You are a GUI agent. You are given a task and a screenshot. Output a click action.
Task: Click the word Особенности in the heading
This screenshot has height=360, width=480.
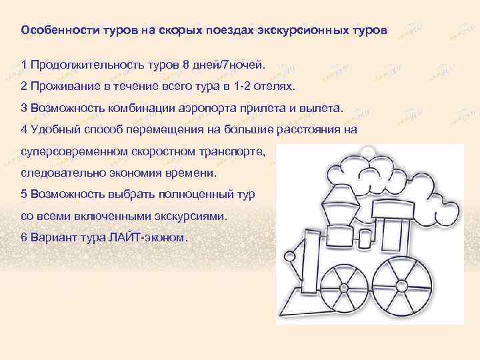pyautogui.click(x=59, y=31)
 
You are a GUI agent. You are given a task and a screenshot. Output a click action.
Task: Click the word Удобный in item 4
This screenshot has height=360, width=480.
pyautogui.click(x=52, y=129)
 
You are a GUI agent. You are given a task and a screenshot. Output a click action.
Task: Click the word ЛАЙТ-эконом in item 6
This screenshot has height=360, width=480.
pyautogui.click(x=158, y=238)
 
